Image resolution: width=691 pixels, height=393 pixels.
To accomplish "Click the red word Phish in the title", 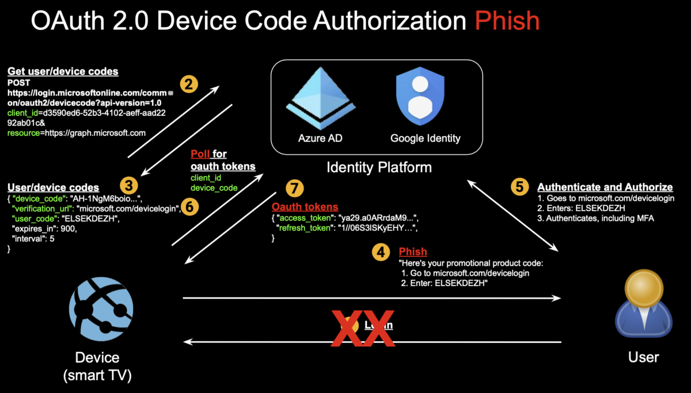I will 507,21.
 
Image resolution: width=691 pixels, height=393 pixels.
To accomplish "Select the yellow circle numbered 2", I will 189,85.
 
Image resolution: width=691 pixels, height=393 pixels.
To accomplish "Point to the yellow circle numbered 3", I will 129,185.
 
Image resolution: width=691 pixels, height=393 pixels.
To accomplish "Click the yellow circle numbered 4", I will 380,252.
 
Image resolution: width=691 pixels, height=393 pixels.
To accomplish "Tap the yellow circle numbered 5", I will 520,186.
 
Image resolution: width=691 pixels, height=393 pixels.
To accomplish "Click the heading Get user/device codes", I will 63,71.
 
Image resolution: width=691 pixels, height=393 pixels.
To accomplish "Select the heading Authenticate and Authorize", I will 605,187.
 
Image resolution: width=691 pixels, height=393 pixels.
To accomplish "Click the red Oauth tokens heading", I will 305,207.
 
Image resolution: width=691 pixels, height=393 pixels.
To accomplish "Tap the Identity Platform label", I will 379,167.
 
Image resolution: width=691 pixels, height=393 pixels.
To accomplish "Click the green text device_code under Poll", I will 214,188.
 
